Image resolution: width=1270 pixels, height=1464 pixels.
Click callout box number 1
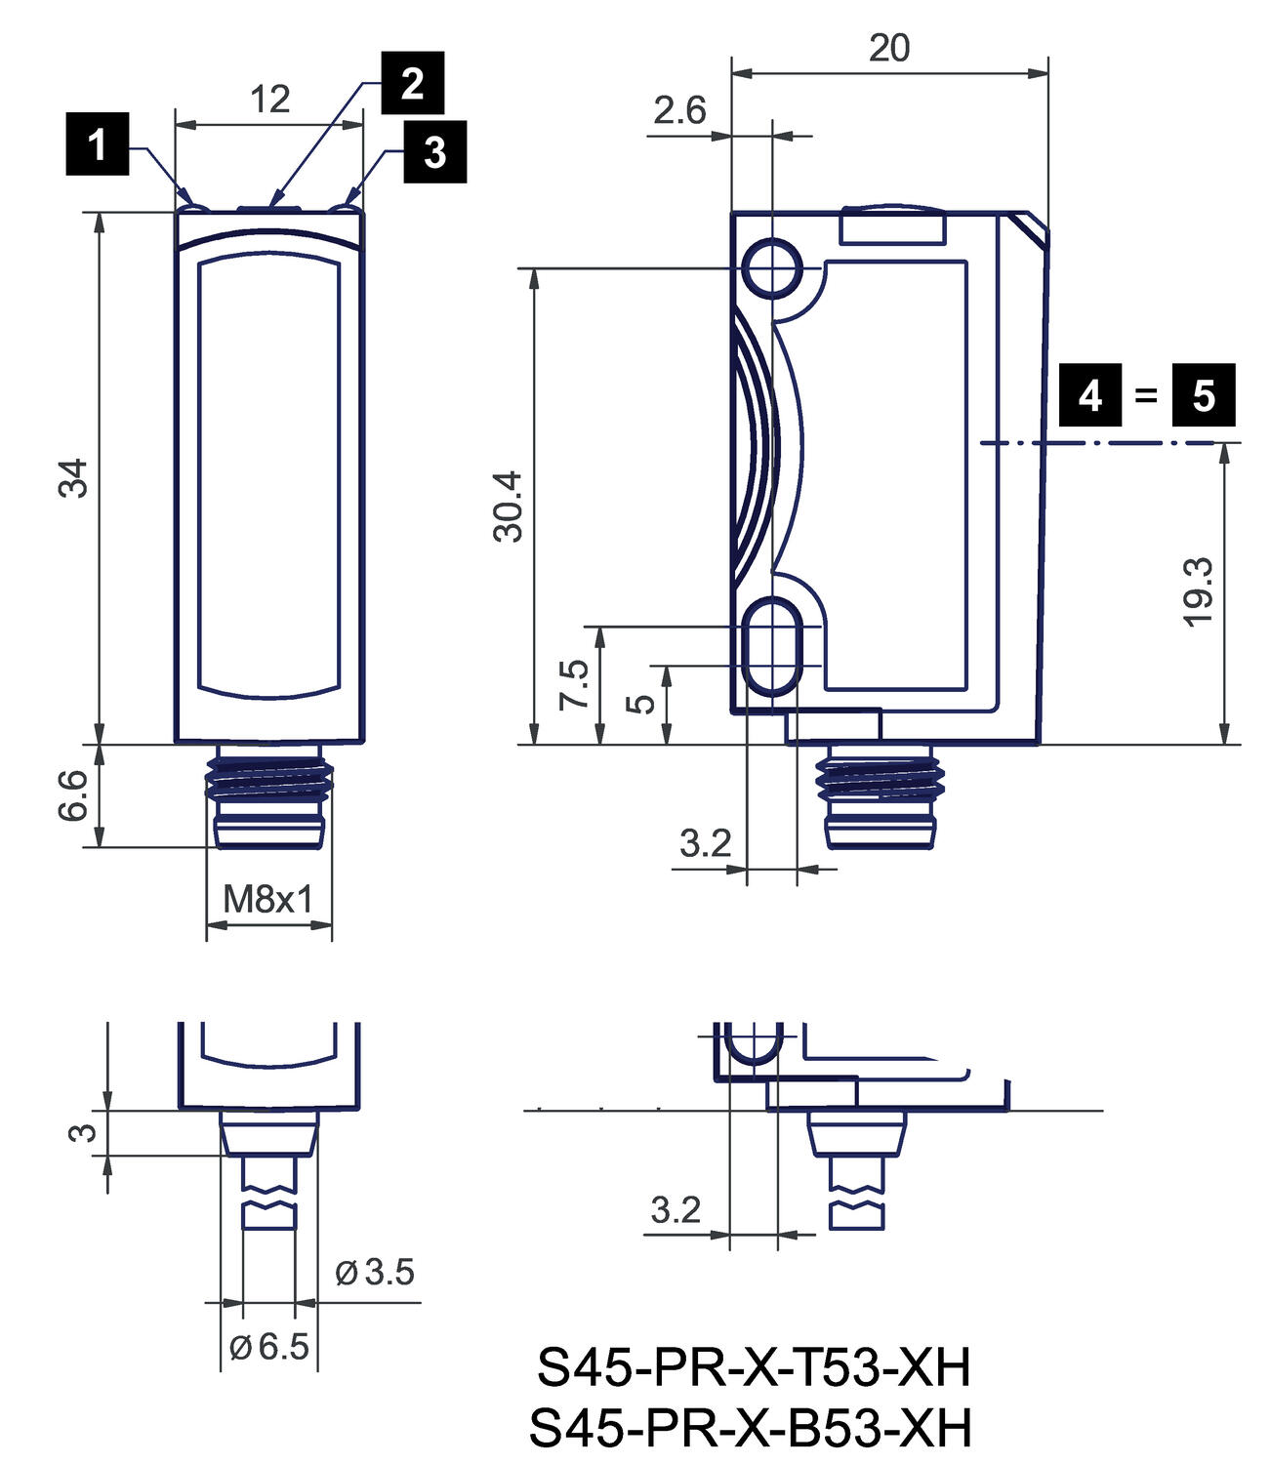tap(97, 144)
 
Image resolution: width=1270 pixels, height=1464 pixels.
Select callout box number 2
tap(412, 83)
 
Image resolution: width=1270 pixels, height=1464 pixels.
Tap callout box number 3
tap(434, 151)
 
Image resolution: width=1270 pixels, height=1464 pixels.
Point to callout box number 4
tap(1090, 395)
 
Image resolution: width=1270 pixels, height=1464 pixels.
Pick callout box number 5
tap(1203, 395)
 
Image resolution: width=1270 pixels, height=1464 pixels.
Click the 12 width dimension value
tap(270, 100)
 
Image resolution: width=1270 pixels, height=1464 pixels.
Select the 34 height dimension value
tap(74, 477)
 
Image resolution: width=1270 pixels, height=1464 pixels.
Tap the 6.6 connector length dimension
tap(74, 794)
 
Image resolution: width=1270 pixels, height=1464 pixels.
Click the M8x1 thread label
tap(268, 899)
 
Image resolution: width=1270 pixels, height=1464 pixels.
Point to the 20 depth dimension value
tap(889, 48)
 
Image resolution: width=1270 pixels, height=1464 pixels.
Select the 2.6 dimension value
tap(679, 110)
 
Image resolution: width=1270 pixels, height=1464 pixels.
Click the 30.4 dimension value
tap(509, 506)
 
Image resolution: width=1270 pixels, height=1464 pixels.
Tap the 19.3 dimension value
tap(1198, 591)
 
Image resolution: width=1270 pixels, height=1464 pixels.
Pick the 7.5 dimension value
tap(574, 684)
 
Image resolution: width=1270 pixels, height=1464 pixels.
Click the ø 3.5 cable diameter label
tap(375, 1272)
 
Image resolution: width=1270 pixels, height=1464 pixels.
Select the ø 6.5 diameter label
tap(269, 1347)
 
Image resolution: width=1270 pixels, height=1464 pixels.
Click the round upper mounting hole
tap(773, 266)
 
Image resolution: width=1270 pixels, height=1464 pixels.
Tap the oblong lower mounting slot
tap(773, 645)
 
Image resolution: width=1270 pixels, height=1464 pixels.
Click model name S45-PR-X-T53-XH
tap(754, 1367)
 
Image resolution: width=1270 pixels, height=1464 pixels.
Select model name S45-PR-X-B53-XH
tap(751, 1428)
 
